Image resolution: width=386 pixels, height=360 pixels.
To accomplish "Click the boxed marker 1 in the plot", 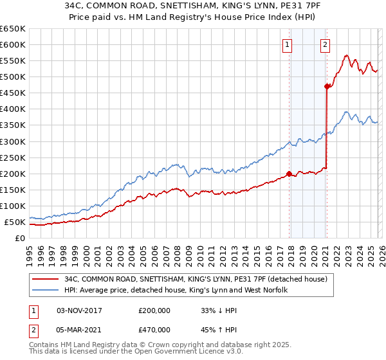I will click(x=286, y=44).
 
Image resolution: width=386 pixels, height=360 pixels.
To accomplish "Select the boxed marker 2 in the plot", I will click(x=326, y=44).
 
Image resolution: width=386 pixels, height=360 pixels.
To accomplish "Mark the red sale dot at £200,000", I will click(x=289, y=173).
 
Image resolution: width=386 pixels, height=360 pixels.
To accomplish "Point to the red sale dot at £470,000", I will click(x=327, y=86).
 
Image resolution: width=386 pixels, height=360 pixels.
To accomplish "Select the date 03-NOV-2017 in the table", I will click(x=80, y=310).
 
